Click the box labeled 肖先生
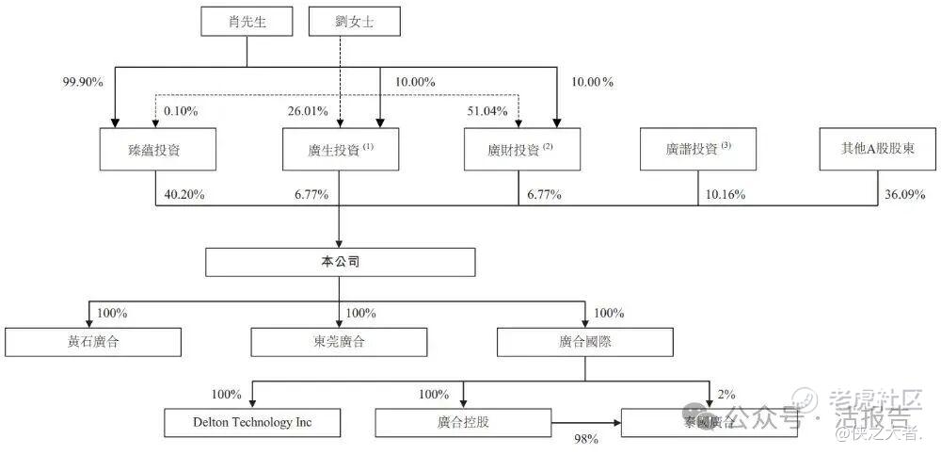coord(247,22)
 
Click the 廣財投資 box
coord(520,149)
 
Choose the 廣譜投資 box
coord(697,149)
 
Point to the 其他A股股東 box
coord(878,149)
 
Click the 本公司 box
coord(340,261)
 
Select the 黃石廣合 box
coord(93,341)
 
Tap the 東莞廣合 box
coord(339,341)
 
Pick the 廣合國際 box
coord(585,341)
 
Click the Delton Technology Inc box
coord(251,422)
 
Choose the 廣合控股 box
coord(464,422)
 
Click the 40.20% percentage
coord(184,195)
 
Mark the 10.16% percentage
coord(726,195)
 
